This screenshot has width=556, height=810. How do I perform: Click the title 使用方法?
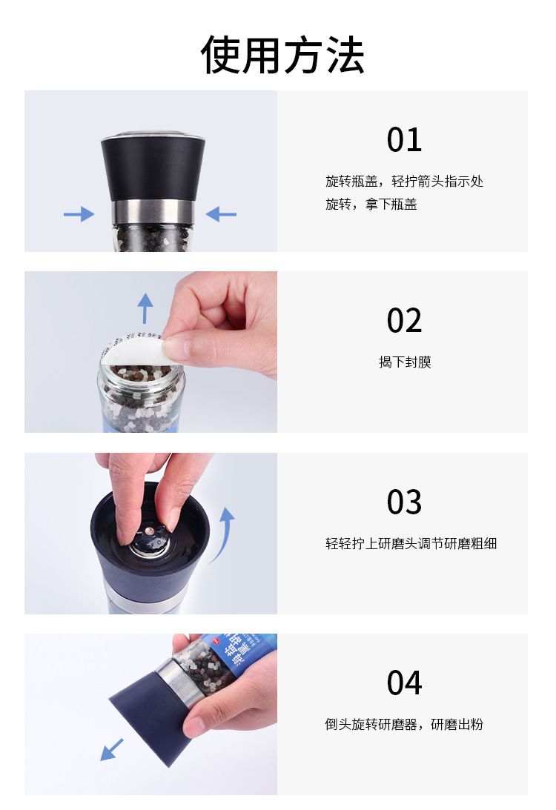[282, 55]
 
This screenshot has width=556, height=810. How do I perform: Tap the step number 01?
[404, 139]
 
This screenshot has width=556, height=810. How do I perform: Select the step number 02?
[404, 320]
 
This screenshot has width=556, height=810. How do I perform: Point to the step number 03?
[404, 502]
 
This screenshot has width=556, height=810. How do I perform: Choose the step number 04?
[404, 683]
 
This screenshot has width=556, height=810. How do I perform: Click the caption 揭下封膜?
[405, 362]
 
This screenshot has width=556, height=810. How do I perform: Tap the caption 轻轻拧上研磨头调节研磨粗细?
[411, 543]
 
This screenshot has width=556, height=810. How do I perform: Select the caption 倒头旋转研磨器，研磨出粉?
[404, 724]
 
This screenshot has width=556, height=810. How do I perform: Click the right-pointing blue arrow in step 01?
[79, 214]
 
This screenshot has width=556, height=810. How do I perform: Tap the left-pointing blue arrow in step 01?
[221, 214]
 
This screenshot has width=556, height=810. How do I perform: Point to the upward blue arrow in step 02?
[145, 308]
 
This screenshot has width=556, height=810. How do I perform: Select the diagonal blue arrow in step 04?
[112, 749]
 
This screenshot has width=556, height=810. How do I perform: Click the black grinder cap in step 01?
[153, 166]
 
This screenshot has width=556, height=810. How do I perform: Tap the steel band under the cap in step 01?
[153, 212]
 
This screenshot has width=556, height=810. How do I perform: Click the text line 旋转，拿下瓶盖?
[371, 205]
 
